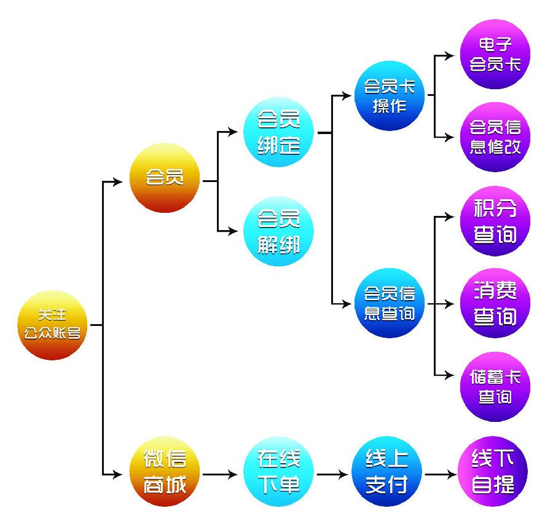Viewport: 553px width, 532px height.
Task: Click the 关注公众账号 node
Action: (x=52, y=325)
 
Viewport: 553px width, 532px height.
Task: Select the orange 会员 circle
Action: (x=165, y=178)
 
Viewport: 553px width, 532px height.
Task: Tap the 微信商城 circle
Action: (x=165, y=471)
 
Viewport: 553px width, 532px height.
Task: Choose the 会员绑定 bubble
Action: (x=278, y=132)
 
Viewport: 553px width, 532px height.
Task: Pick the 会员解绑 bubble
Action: (x=278, y=231)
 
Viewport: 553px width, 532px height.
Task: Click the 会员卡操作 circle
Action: (x=390, y=96)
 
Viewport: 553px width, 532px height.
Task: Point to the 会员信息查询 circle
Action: (x=390, y=303)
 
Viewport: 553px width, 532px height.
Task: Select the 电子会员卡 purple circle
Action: (x=495, y=54)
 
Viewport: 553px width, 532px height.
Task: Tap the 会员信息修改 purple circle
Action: (x=495, y=137)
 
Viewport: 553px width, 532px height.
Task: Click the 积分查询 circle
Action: (x=495, y=221)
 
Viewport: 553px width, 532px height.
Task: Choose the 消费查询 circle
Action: (x=495, y=303)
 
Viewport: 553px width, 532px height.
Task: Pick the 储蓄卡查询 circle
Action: (x=495, y=387)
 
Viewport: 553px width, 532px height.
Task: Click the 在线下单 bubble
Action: (x=278, y=471)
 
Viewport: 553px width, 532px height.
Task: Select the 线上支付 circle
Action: (x=387, y=471)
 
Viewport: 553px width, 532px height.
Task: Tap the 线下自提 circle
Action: (x=493, y=471)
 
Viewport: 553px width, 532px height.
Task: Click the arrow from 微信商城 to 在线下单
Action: (x=221, y=474)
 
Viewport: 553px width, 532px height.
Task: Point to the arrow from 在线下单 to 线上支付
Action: (x=332, y=474)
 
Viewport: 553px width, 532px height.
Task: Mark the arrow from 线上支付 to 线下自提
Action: (x=441, y=474)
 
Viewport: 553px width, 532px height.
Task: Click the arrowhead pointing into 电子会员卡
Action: (x=450, y=55)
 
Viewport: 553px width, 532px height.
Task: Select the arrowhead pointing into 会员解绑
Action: (x=233, y=231)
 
